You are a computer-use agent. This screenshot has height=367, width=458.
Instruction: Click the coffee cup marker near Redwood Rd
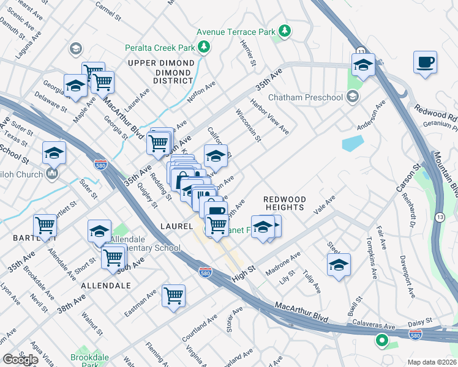(x=425, y=62)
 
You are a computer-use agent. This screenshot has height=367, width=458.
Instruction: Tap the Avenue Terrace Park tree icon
(x=284, y=30)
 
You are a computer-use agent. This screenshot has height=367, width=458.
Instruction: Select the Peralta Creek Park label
(x=160, y=48)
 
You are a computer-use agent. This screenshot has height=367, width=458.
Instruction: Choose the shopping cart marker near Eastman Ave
(x=174, y=295)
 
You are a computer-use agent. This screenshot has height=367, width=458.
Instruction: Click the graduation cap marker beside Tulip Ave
(x=339, y=265)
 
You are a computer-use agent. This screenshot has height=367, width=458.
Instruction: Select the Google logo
(x=20, y=359)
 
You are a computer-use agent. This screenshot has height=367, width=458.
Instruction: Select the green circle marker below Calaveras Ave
(x=383, y=340)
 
